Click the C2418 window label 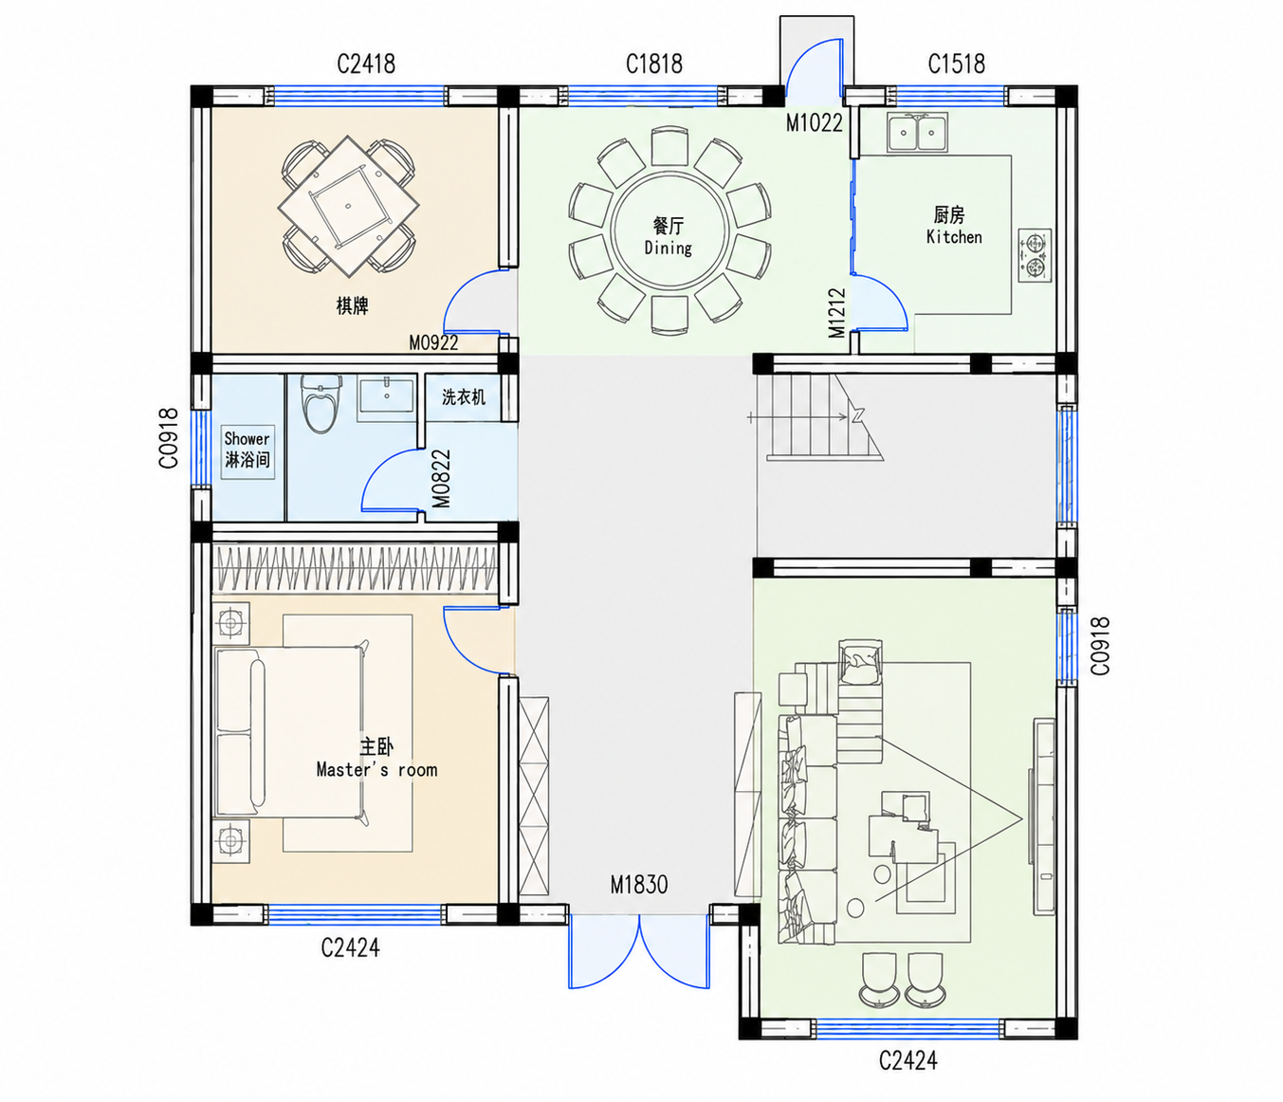366,64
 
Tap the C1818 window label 654,64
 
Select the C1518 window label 957,64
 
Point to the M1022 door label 815,123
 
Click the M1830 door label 639,885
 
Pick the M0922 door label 433,342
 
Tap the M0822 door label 441,479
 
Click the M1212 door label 837,313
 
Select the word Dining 668,248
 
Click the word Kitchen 954,236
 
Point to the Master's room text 376,770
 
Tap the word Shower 247,439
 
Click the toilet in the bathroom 321,403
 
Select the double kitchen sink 917,132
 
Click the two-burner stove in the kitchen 1035,256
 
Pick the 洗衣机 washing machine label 464,396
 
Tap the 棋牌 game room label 352,305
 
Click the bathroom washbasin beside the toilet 386,396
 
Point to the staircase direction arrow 797,416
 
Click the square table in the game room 348,206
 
